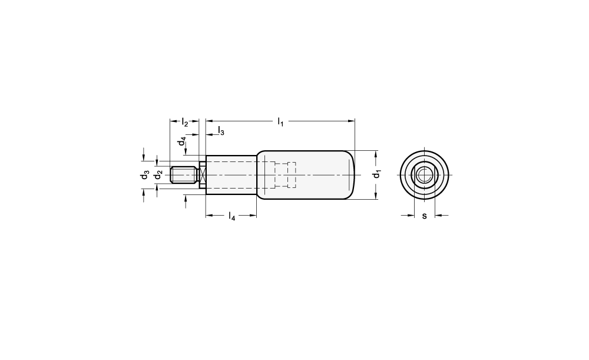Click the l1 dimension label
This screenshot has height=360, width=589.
tap(280, 122)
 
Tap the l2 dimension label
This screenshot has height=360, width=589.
tap(184, 122)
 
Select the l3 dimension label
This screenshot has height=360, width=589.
tap(221, 131)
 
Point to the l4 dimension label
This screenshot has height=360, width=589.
tap(231, 216)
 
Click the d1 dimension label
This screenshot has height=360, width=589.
tap(376, 174)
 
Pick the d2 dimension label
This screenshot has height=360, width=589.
tap(159, 175)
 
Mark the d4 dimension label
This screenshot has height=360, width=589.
tap(182, 141)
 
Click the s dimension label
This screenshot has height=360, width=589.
tap(425, 216)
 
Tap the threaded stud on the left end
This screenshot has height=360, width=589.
tap(184, 175)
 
